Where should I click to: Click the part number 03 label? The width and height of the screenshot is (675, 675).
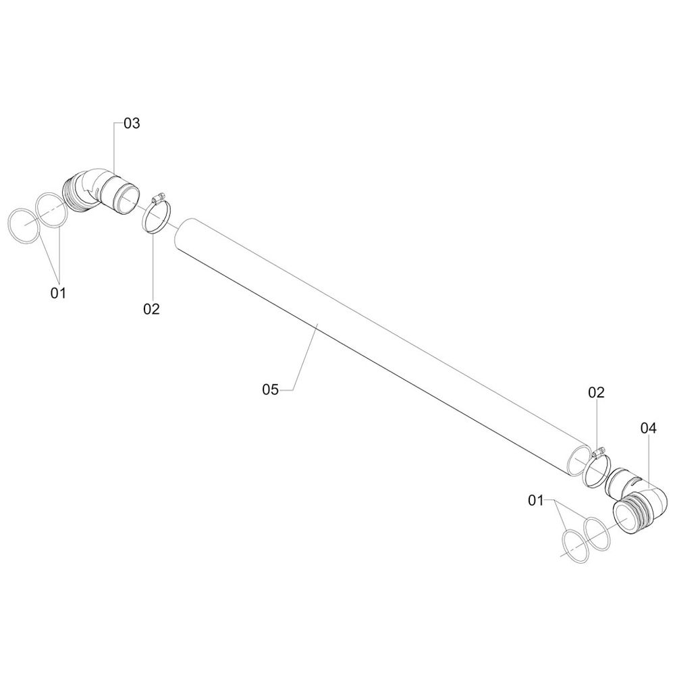point(132,124)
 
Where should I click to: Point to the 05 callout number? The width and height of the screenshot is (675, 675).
point(271,389)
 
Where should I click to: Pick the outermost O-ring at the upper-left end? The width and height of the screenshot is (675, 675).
point(22,224)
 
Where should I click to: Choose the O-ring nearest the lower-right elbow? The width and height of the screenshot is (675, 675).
point(597,533)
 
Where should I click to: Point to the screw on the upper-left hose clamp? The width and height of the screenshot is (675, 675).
point(158,198)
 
